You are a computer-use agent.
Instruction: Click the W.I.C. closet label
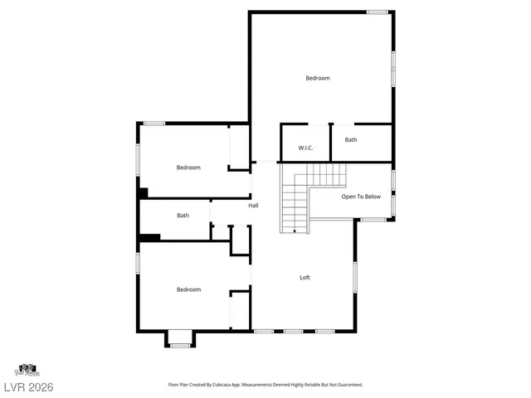tap(304, 148)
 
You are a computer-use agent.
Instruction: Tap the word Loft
tap(304, 277)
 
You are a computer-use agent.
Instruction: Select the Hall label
tap(253, 205)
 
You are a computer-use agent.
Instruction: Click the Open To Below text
tap(361, 197)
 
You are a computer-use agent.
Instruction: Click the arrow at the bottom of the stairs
tap(295, 231)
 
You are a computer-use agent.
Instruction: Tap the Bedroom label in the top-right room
tap(318, 78)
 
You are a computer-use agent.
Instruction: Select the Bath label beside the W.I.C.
tap(351, 140)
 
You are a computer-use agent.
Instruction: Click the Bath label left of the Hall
tap(183, 216)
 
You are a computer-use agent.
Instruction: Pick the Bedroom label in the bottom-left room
tap(188, 289)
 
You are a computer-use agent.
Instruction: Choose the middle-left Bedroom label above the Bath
tap(188, 167)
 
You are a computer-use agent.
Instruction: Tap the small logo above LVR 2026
tap(27, 369)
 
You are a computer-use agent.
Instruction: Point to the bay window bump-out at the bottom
tap(180, 338)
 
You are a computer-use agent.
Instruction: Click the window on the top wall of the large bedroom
tap(378, 12)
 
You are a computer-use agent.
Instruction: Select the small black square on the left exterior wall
tap(143, 193)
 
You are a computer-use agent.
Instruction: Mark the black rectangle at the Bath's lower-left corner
tap(149, 238)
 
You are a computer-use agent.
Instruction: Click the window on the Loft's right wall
tap(355, 276)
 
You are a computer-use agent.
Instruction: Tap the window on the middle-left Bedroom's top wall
tap(154, 124)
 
